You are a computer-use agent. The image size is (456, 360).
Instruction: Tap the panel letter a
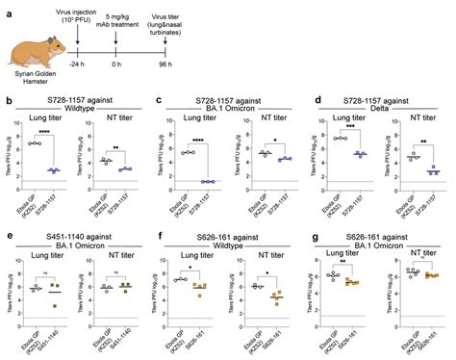point(9,7)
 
